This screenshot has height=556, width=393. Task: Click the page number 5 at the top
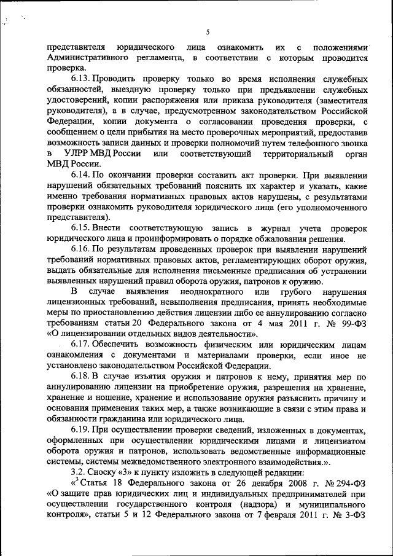click(x=208, y=32)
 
